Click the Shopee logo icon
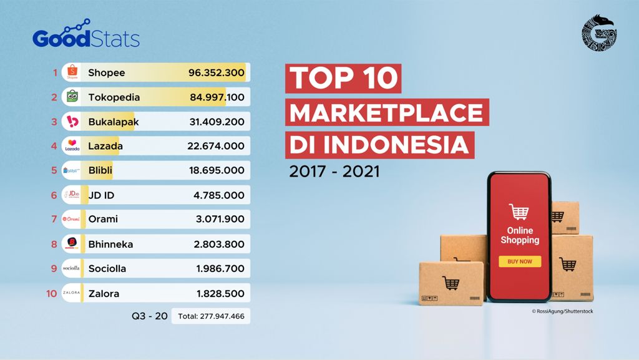pos(72,72)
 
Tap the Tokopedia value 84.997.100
pos(217,97)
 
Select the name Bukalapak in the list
pos(114,122)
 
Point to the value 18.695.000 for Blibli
pos(217,170)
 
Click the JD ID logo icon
pos(72,195)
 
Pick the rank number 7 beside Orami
pos(54,220)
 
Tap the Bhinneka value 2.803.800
pos(218,244)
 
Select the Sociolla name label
pos(107,268)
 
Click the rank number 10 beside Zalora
pos(52,293)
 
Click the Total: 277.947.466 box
pos(211,316)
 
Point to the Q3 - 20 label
pos(149,316)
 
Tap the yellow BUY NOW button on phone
pos(519,261)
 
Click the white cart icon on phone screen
pos(519,212)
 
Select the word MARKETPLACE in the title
pos(386,113)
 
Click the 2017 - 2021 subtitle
pos(334,172)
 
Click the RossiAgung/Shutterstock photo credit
pos(562,311)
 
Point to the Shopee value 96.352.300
pos(216,73)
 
